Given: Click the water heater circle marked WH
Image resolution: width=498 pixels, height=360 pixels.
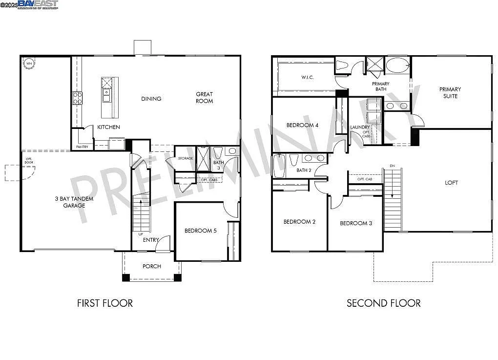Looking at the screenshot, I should (x=29, y=64).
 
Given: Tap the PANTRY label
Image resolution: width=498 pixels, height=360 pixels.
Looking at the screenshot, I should (x=81, y=147).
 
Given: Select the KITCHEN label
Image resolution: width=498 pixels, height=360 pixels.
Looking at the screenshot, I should (x=108, y=127).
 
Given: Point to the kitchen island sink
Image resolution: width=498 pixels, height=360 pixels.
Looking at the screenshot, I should (x=106, y=92).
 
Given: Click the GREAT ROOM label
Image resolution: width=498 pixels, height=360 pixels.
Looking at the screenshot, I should (x=205, y=98).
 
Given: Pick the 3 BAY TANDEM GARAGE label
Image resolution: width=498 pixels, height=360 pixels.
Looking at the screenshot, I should (x=74, y=202).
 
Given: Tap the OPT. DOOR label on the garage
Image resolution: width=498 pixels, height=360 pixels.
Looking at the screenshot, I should (x=29, y=161).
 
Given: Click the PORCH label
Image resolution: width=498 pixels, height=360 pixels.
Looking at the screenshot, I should (x=151, y=266).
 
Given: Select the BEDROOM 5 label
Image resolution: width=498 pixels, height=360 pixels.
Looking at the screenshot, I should (x=200, y=231).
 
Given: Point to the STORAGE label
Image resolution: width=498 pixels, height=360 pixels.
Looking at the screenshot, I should (x=186, y=158).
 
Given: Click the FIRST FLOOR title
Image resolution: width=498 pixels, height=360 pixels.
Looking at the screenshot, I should (x=105, y=303).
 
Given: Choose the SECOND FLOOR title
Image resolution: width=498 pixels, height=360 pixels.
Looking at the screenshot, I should (x=383, y=303).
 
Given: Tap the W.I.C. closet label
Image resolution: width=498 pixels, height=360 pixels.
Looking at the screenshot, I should (x=307, y=77).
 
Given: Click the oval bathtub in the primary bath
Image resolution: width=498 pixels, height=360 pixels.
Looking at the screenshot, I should (x=397, y=65).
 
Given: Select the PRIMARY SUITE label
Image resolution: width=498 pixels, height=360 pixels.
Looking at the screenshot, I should (x=450, y=93).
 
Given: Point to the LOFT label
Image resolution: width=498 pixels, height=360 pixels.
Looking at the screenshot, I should (x=452, y=183).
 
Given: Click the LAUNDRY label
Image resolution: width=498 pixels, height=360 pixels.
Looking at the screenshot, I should (x=360, y=127).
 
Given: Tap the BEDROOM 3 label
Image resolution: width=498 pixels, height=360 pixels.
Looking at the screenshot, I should (x=356, y=223).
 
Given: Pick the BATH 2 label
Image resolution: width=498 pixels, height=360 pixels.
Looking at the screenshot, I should (x=303, y=170).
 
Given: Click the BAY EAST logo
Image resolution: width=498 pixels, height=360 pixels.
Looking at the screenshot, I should (x=38, y=4).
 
